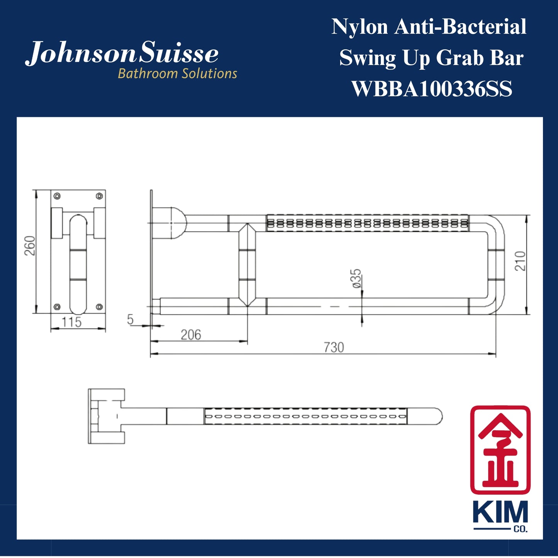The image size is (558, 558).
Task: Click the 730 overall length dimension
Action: pyautogui.click(x=334, y=348)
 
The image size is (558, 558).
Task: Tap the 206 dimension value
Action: pyautogui.click(x=191, y=334)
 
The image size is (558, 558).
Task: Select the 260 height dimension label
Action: pyautogui.click(x=30, y=246)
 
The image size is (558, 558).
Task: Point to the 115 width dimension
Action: pyautogui.click(x=71, y=322)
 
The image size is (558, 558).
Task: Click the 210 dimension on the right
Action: pyautogui.click(x=520, y=261)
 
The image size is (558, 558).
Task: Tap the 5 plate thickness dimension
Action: pyautogui.click(x=130, y=320)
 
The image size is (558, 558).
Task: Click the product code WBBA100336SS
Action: pyautogui.click(x=431, y=89)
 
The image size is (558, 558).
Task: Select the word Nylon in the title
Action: pyautogui.click(x=359, y=27)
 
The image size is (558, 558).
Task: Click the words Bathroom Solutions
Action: pyautogui.click(x=177, y=74)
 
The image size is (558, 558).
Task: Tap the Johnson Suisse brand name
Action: pyautogui.click(x=122, y=53)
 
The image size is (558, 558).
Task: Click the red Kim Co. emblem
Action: pyautogui.click(x=500, y=449)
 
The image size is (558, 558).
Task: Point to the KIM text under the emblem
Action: pyautogui.click(x=500, y=513)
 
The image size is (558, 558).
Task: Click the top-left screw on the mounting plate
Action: pyautogui.click(x=57, y=196)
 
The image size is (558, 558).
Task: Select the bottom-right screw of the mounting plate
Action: pyautogui.click(x=99, y=307)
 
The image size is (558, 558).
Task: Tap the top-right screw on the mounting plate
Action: pyautogui.click(x=99, y=196)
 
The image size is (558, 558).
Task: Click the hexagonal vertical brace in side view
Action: pyautogui.click(x=247, y=265)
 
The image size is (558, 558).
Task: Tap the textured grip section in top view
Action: pyautogui.click(x=305, y=416)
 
